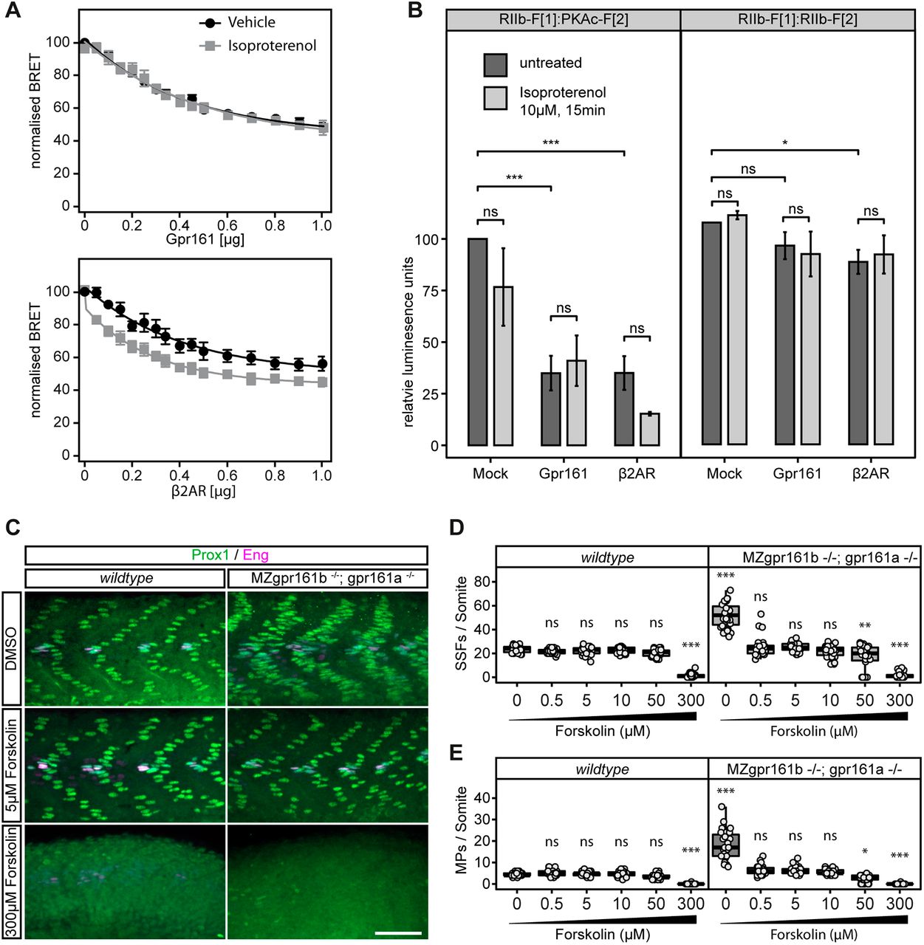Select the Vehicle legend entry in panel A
251,23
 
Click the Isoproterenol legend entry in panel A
271,46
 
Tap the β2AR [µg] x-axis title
203,490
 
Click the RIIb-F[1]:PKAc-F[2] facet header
563,20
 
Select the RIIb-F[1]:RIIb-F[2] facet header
797,20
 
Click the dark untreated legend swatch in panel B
495,64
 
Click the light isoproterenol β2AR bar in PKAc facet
650,429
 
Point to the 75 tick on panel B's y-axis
428,291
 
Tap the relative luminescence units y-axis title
408,342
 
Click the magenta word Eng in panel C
256,554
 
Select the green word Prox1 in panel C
211,554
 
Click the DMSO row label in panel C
13,647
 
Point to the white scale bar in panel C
397,933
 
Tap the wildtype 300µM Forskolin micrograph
126,882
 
